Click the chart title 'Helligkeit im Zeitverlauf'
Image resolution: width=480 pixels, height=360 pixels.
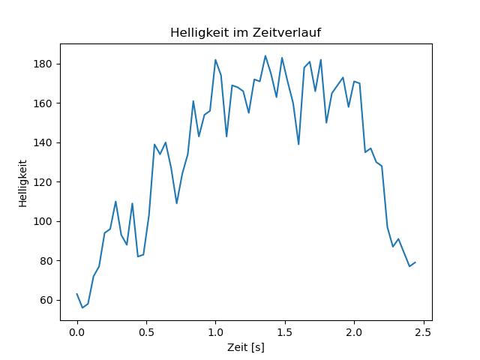click(x=246, y=32)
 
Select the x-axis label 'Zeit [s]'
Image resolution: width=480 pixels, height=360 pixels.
click(x=246, y=348)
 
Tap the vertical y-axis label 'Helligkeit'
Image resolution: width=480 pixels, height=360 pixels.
click(x=23, y=183)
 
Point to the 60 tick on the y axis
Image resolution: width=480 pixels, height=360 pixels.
click(x=46, y=300)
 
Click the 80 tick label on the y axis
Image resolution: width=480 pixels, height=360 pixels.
click(x=46, y=261)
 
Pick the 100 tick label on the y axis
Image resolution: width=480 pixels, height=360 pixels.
click(x=44, y=221)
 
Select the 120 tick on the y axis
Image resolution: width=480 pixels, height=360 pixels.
click(x=44, y=182)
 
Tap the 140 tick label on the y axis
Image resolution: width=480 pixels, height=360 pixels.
click(x=44, y=142)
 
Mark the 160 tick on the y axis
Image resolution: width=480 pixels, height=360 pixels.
click(x=44, y=103)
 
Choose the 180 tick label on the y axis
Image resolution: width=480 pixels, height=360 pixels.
click(x=44, y=64)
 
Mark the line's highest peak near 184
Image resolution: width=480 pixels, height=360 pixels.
click(x=265, y=55)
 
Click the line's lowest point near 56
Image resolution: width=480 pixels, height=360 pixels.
click(x=82, y=307)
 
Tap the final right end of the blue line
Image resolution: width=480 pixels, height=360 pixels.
click(x=415, y=262)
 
